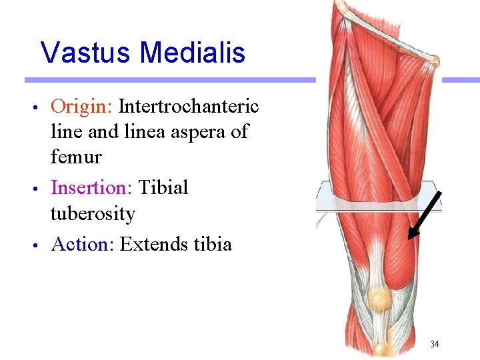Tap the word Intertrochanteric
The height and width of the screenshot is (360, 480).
189,106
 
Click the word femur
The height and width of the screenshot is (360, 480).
76,158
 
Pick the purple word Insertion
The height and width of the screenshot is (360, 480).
91,188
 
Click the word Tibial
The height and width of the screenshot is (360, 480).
163,188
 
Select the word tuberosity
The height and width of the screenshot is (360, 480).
93,214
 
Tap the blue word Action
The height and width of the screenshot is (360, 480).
83,245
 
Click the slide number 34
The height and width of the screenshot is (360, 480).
434,344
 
